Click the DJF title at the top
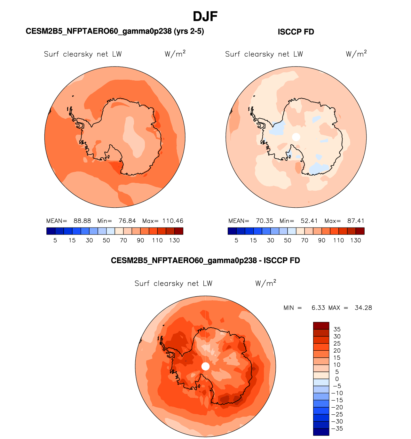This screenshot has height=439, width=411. pos(205,16)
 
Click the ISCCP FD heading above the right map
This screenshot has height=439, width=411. pos(296,32)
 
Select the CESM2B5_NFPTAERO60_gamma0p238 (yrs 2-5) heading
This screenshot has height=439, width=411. pos(115,31)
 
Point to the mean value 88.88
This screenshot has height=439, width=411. pos(82,221)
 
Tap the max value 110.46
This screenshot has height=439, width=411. pos(173,221)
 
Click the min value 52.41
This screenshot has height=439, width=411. pos(309,221)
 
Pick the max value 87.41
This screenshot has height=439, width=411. pos(356,221)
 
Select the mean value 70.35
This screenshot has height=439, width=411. pos(265,221)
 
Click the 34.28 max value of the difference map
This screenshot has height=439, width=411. pos(363,308)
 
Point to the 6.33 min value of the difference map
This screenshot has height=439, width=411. pos(318,308)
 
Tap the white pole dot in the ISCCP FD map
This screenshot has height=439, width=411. pos(296,137)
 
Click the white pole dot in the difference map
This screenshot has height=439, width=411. pos(206,366)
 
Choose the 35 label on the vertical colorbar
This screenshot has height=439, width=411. pos(337,329)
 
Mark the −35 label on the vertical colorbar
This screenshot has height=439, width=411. pos(338,428)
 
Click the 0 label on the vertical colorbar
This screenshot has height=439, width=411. pos(337,379)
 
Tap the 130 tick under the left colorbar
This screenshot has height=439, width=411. pos(174,240)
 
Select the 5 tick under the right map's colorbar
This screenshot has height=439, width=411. pos(236,240)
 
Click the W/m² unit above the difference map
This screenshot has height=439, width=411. pos(265,283)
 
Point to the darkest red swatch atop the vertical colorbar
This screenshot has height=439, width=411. pos(321,326)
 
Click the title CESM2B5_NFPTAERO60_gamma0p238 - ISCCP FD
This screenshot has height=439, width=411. pos(205,260)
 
